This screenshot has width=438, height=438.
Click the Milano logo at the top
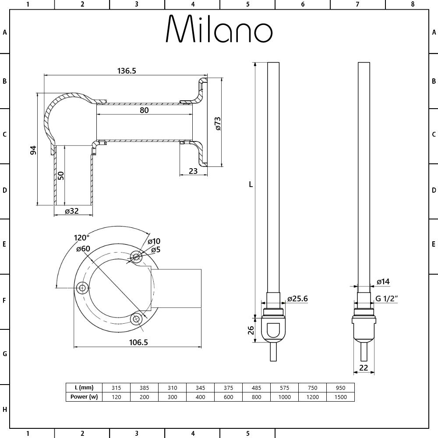tap(219, 30)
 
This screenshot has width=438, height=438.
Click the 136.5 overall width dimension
tap(127, 71)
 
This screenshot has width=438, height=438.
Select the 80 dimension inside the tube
tap(144, 110)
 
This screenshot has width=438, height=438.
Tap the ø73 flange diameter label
tap(218, 124)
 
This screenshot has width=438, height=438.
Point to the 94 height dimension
tap(33, 150)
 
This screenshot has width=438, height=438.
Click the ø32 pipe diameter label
tap(71, 211)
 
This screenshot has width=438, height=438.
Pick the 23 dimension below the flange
tap(193, 171)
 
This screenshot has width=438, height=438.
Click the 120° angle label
tap(81, 238)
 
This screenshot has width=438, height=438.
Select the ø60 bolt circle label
tap(83, 249)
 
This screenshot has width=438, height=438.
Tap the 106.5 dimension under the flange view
tap(138, 342)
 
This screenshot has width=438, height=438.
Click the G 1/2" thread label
tap(387, 299)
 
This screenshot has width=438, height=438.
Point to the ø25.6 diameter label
tap(297, 299)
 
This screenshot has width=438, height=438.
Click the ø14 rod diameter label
tap(383, 282)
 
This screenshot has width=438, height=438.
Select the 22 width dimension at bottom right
tap(364, 368)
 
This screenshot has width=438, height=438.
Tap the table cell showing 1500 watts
tap(340, 397)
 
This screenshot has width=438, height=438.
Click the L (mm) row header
tap(84, 388)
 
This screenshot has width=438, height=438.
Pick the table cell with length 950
tap(340, 388)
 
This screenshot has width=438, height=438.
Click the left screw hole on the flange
tap(82, 287)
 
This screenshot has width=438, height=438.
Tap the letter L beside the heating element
tap(251, 184)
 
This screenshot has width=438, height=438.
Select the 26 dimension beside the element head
tap(251, 329)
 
